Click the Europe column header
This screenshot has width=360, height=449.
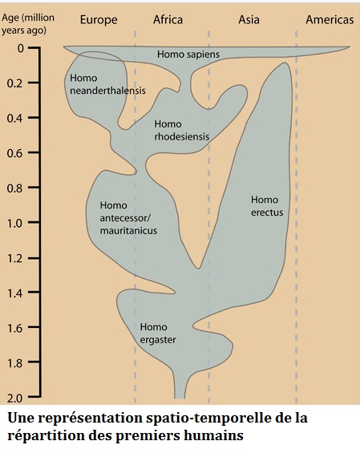[99, 20]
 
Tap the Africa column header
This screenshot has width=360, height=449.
[168, 20]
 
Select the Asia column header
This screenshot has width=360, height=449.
[249, 20]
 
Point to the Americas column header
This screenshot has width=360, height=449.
[330, 20]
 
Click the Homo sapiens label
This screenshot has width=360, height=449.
[188, 55]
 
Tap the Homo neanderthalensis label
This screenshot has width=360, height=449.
[107, 84]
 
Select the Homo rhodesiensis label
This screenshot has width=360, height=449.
[181, 130]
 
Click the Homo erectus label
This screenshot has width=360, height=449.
[267, 206]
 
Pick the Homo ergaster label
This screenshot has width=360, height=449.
[157, 334]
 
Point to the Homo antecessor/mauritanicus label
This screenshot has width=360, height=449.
[128, 218]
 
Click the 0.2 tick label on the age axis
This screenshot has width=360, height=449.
[14, 83]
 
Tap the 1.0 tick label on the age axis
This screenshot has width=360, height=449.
[14, 223]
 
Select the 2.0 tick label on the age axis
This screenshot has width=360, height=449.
[14, 398]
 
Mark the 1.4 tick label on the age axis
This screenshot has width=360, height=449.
[14, 293]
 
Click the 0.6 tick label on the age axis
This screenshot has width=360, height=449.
[14, 153]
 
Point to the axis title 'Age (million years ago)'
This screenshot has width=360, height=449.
[28, 24]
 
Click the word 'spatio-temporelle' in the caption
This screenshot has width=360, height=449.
[208, 419]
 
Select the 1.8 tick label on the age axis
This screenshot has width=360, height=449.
[14, 362]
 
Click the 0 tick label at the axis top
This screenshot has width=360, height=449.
[20, 48]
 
